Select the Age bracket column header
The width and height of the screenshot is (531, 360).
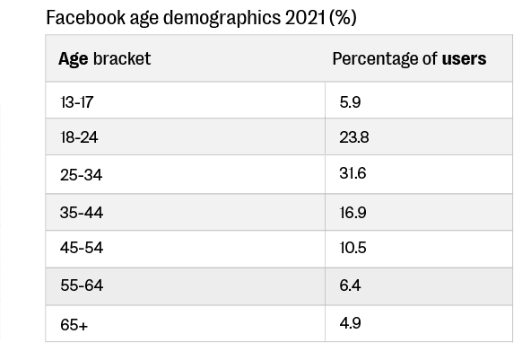point(104,59)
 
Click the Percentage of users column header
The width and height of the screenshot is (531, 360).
point(409,59)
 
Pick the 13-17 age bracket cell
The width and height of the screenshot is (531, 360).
point(76,102)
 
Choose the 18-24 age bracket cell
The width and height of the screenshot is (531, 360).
point(79,138)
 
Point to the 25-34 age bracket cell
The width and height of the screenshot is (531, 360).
point(81,175)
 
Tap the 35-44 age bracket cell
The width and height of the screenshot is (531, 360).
point(81,213)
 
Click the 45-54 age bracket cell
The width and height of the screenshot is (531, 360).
point(81,249)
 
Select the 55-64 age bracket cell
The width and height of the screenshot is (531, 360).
point(81,285)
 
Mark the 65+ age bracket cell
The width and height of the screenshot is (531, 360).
point(74,324)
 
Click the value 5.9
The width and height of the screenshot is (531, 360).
point(351,102)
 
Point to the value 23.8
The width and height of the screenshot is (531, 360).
point(354,138)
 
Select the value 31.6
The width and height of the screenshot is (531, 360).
point(353,174)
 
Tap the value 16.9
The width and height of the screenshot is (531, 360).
point(353,213)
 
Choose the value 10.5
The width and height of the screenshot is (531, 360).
point(353,249)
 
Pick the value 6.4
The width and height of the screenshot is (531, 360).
point(351,285)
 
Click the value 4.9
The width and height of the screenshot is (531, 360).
point(351,323)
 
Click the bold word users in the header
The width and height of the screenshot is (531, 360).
point(465,59)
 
